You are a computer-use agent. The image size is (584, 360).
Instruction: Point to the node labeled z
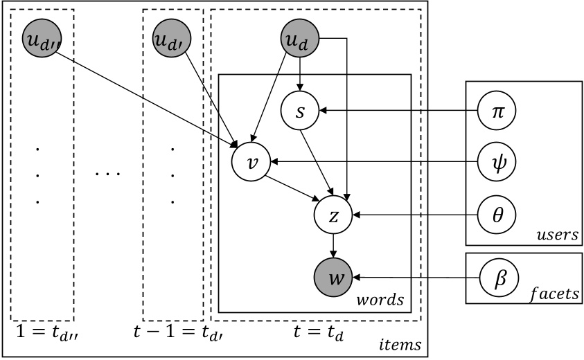pyautogui.click(x=334, y=216)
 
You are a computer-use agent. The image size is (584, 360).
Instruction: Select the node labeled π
pyautogui.click(x=498, y=111)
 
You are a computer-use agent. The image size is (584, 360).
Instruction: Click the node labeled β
pyautogui.click(x=498, y=278)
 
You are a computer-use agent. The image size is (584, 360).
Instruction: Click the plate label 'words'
pyautogui.click(x=381, y=301)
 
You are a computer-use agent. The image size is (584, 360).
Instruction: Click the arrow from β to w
pyautogui.click(x=416, y=278)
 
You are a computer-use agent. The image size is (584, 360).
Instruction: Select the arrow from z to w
pyautogui.click(x=334, y=246)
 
